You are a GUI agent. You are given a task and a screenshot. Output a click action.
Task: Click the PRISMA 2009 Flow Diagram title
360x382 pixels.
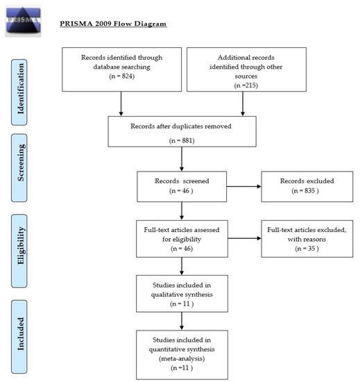click(x=113, y=24)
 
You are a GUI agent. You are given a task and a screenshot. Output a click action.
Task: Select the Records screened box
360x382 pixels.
click(x=182, y=186)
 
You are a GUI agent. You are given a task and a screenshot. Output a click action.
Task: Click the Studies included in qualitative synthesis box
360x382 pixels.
click(x=182, y=294)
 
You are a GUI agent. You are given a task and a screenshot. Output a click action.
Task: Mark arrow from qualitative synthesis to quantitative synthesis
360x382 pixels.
click(x=182, y=319)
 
